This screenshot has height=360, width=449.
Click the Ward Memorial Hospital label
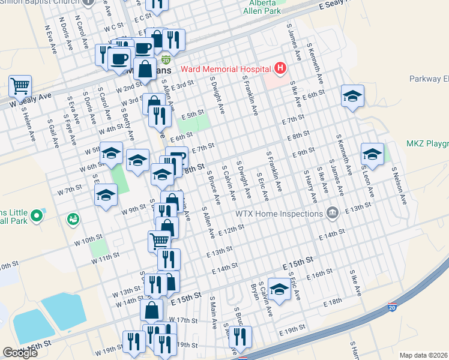point(223,69)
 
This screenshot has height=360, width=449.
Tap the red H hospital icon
point(280,69)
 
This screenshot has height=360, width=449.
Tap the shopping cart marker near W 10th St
point(159,241)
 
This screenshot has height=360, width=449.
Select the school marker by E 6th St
point(352,95)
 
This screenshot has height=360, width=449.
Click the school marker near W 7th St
point(106,194)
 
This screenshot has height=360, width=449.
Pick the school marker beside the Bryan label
point(279,289)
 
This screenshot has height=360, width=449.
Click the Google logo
point(20,353)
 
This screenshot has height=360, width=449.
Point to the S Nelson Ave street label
point(399,185)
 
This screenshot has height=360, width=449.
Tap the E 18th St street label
point(331,304)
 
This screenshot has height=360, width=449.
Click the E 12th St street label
point(232,230)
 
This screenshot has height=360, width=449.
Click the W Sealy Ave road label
point(30,100)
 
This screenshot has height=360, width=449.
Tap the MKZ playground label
point(427,143)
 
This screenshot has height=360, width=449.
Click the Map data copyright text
point(424,355)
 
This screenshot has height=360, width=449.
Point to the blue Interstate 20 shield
point(393,307)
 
